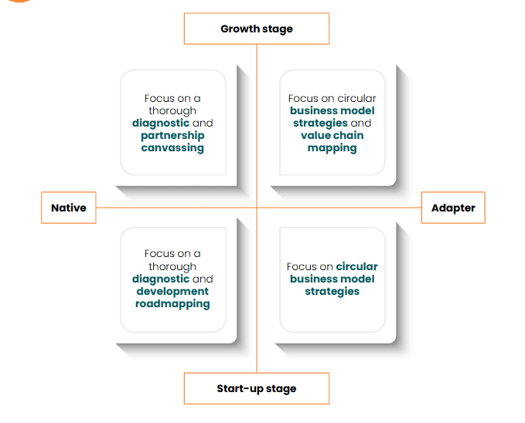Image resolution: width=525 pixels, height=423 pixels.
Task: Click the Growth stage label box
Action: [x=257, y=29]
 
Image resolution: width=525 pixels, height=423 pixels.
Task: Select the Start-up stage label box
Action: [x=257, y=388]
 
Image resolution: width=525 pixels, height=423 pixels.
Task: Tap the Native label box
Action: [x=69, y=208]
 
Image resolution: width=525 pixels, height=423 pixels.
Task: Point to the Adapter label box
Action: [x=453, y=208]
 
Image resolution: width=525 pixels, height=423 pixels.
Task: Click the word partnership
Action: [x=172, y=136]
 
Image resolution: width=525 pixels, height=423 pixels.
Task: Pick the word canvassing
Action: [x=172, y=147]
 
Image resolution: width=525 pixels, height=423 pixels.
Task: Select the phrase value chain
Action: [x=332, y=136]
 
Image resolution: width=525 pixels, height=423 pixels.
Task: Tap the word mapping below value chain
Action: [x=332, y=147]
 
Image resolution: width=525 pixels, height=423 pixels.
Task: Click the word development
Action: [x=172, y=291]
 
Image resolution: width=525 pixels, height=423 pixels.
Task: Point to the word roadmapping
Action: [x=172, y=303]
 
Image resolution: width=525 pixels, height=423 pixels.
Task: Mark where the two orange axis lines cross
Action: [x=257, y=208]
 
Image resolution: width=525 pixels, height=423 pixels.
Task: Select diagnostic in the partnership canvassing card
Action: [x=160, y=124]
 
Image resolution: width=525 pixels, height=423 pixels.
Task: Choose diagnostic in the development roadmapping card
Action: [x=160, y=279]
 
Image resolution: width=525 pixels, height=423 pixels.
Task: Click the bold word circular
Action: [x=357, y=266]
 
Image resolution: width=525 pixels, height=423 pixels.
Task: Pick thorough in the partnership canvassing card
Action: [x=172, y=111]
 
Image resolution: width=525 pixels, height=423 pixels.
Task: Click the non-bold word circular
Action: [x=356, y=99]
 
